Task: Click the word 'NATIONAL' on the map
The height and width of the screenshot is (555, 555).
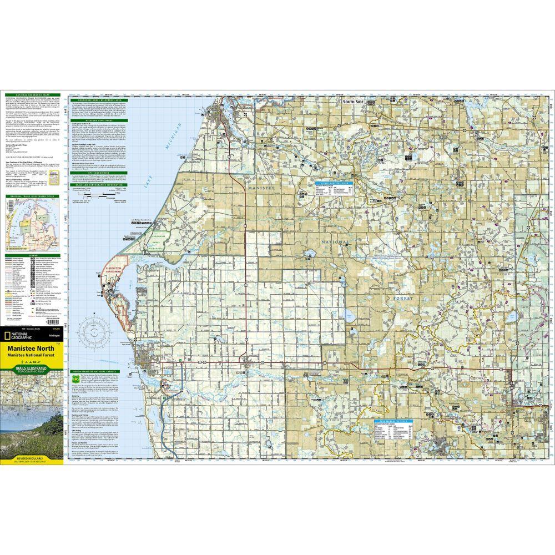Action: point(334,242)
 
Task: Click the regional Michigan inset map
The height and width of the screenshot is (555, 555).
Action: point(32,228)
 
